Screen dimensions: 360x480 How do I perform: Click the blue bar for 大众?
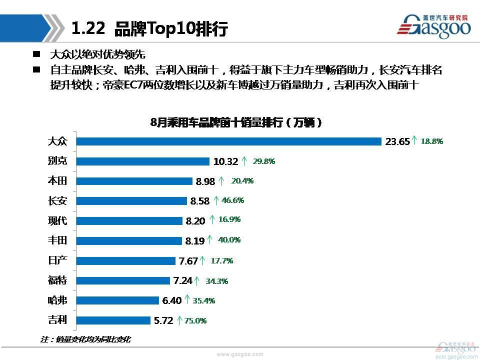(x=228, y=141)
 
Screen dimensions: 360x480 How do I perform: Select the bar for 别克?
(x=142, y=161)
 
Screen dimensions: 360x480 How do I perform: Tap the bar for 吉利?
(x=112, y=320)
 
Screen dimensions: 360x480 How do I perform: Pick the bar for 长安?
(x=131, y=201)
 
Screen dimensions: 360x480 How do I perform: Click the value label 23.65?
(x=397, y=141)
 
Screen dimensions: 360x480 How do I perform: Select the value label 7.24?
(x=182, y=280)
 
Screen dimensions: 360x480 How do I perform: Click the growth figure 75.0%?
(x=196, y=320)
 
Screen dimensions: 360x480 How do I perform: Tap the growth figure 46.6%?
(x=232, y=200)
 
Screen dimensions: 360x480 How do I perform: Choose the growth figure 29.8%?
(x=264, y=161)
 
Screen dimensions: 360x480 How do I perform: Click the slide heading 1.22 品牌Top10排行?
(x=149, y=28)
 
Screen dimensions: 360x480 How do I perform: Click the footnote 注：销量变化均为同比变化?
(x=85, y=339)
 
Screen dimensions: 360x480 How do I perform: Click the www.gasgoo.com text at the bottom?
(x=239, y=353)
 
